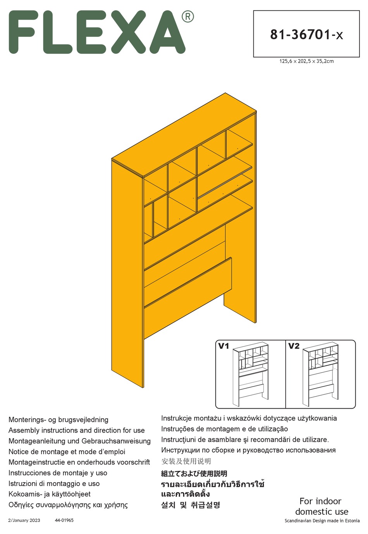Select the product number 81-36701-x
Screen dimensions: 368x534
[x=306, y=34]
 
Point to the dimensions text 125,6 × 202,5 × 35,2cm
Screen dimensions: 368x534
[x=306, y=61]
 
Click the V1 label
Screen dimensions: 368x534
[x=224, y=346]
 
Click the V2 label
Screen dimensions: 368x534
[x=294, y=346]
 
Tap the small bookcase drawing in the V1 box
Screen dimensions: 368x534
[x=250, y=374]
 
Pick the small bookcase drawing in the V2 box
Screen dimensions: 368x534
[x=320, y=374]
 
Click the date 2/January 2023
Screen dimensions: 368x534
[x=24, y=520]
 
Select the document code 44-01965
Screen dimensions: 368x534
[x=64, y=520]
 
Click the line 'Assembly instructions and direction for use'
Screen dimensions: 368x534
[x=77, y=430]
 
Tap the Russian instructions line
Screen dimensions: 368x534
[x=248, y=450]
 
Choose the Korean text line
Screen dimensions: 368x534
[x=191, y=505]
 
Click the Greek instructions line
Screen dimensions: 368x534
[x=68, y=505]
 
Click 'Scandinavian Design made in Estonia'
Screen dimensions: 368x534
[x=322, y=521]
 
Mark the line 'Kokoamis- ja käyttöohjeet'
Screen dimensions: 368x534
[x=50, y=494]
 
